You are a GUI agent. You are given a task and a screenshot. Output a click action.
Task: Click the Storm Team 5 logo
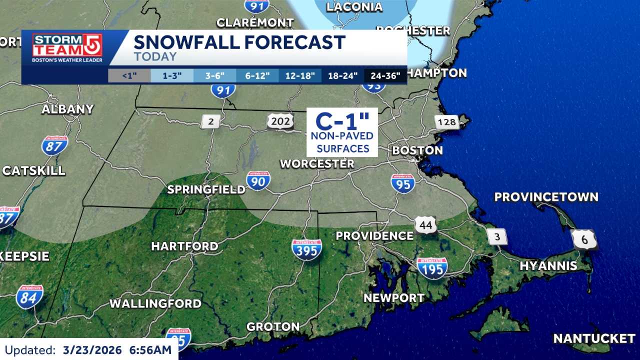[67, 48]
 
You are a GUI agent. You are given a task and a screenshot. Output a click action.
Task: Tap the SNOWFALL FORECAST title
[239, 42]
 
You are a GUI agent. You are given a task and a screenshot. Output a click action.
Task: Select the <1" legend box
[129, 76]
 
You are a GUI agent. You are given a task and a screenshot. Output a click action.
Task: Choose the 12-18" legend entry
[300, 76]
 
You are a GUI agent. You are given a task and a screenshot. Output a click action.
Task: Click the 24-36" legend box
[385, 76]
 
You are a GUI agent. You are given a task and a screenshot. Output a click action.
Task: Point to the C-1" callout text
[342, 121]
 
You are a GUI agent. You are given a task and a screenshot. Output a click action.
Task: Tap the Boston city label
[417, 150]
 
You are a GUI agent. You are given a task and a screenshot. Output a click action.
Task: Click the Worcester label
[317, 163]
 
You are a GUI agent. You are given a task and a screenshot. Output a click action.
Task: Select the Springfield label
[206, 189]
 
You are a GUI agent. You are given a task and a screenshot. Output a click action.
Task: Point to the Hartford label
[184, 246]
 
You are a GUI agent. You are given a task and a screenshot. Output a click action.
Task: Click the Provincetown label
[546, 196]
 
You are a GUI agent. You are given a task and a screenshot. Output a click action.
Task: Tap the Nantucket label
[594, 338]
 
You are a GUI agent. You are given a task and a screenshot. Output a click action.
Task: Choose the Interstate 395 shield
[307, 249]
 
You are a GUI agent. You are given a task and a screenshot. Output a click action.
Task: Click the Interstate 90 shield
[258, 180]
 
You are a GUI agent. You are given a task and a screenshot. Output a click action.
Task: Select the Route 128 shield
[446, 121]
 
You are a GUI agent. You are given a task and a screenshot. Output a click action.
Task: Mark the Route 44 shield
[425, 225]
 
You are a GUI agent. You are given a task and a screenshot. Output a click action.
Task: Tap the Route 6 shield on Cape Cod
[584, 239]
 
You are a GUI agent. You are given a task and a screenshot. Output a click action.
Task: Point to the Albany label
[67, 109]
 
